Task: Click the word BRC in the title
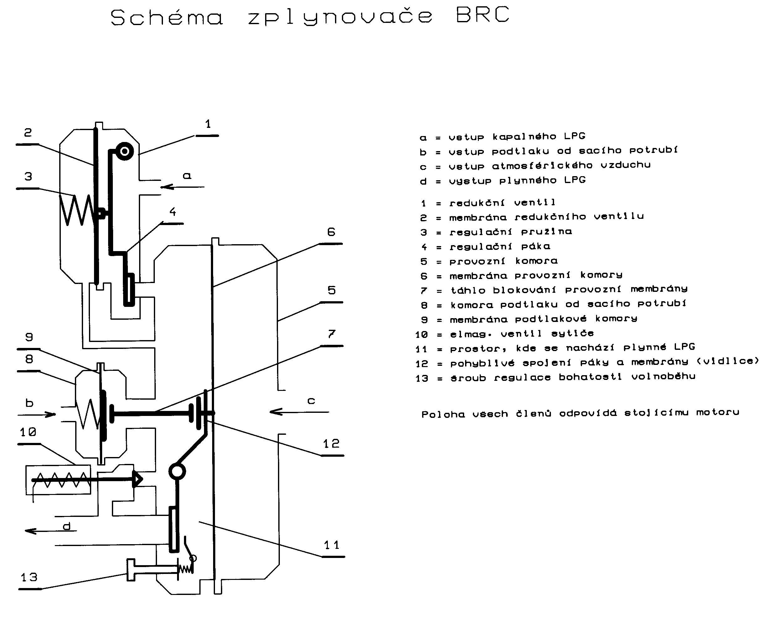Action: (x=482, y=15)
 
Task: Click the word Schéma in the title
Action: (x=166, y=17)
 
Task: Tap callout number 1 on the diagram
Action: (x=208, y=124)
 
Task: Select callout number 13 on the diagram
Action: (x=29, y=578)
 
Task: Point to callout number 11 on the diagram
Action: (x=332, y=545)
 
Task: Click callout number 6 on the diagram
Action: (x=331, y=232)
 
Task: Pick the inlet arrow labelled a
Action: (x=182, y=187)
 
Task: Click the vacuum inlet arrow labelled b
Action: (x=37, y=415)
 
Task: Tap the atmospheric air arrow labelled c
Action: (x=299, y=412)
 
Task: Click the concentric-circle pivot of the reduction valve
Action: (x=124, y=151)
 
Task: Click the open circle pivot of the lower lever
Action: (x=177, y=471)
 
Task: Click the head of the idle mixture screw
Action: (x=131, y=570)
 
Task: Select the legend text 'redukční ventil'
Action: (x=502, y=202)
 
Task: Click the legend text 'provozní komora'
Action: (x=503, y=261)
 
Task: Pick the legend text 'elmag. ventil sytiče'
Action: (x=521, y=334)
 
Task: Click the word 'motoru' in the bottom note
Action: (x=718, y=413)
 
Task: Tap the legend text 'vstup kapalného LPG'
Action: (x=517, y=137)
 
